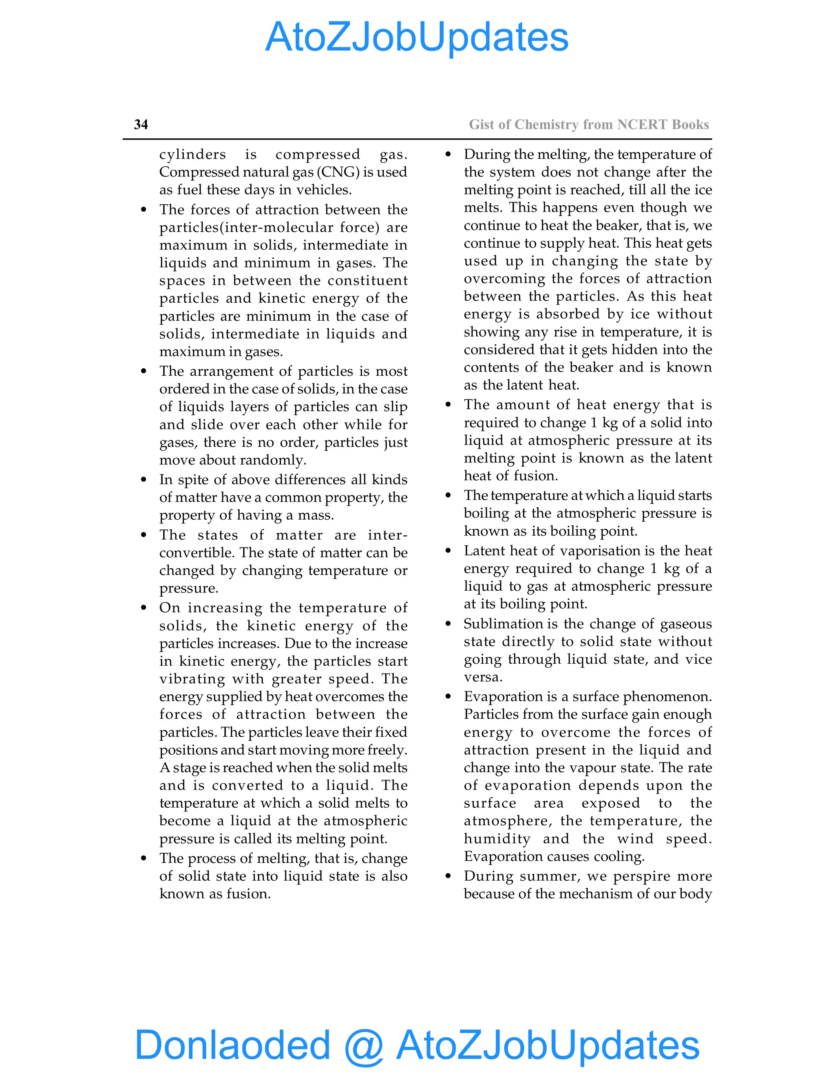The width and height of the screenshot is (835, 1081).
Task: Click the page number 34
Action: (141, 124)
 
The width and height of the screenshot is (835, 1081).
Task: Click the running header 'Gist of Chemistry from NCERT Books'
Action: (589, 124)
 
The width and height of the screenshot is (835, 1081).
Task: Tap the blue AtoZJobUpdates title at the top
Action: (417, 37)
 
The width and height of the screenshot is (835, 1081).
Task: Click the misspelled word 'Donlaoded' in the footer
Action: (232, 1044)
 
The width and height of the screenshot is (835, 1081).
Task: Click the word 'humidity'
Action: (497, 839)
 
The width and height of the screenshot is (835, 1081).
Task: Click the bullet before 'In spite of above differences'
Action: (144, 480)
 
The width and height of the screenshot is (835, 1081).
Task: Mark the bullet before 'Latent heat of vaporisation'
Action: (448, 551)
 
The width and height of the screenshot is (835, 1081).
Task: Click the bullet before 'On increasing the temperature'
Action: (144, 608)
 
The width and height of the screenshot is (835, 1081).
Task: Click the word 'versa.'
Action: (483, 677)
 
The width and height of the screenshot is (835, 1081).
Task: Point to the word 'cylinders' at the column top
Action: (192, 155)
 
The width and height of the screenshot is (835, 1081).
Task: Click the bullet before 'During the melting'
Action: (448, 155)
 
